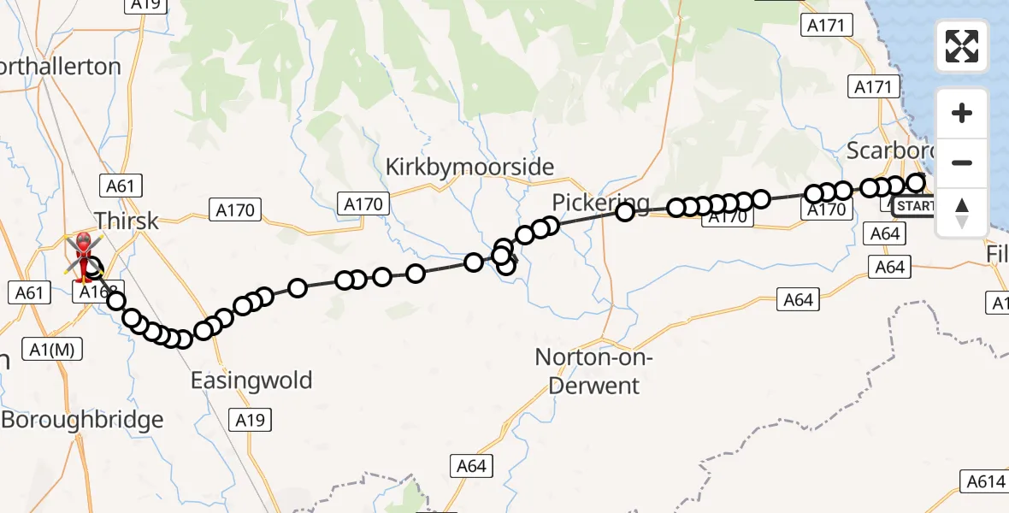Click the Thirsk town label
pos(127,221)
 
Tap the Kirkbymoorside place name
pos(469,167)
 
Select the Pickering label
pos(591,203)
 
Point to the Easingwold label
pos(251,380)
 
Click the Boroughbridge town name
pos(82,420)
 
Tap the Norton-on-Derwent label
pos(593,371)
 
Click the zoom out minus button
pos(962,162)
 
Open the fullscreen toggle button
pos(962,46)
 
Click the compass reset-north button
pos(962,213)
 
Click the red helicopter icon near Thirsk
pos(85,255)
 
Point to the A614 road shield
pos(986,481)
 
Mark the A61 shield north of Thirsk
pos(121,186)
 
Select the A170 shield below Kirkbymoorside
pos(364,203)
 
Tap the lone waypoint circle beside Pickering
pos(625,211)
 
